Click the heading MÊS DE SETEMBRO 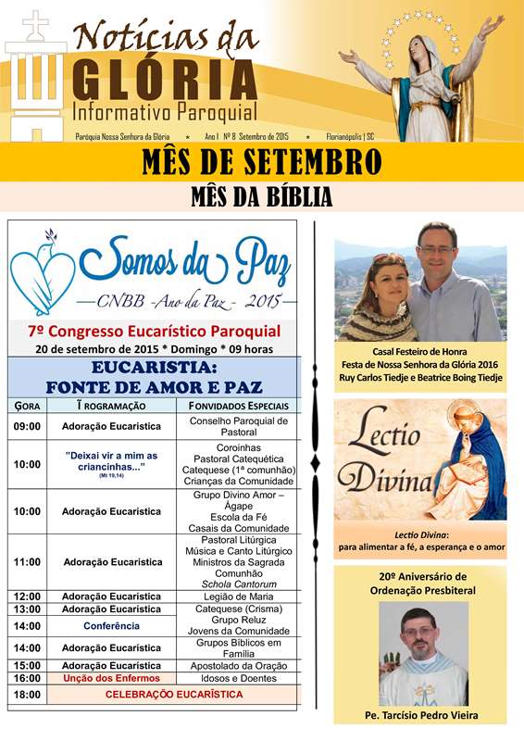(x=261, y=162)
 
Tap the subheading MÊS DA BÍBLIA (x=261, y=196)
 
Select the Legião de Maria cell (x=239, y=597)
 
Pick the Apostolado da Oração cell (x=239, y=666)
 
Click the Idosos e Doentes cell (x=239, y=679)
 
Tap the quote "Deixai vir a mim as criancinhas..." (x=111, y=460)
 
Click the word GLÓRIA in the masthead (x=163, y=82)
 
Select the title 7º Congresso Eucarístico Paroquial (x=155, y=331)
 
